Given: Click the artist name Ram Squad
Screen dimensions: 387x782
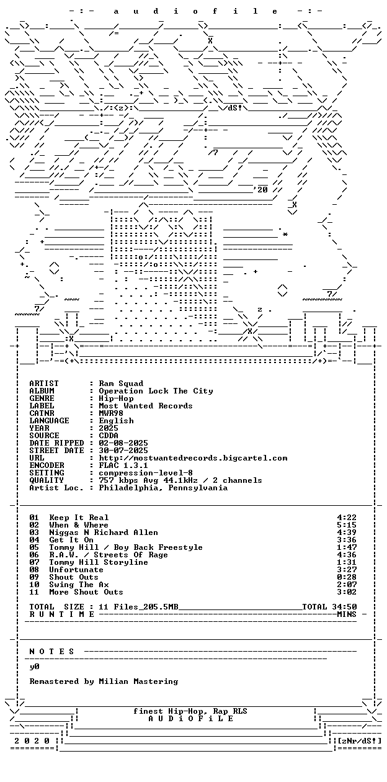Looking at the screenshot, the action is [121, 384].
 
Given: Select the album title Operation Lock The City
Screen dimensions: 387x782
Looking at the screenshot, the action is [156, 391].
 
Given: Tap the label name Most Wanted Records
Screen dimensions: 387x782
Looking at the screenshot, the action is [146, 406].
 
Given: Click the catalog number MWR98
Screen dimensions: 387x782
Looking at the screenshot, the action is [111, 413].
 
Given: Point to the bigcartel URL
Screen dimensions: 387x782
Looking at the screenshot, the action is [193, 458].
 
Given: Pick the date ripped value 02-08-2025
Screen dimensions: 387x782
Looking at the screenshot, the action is [123, 443].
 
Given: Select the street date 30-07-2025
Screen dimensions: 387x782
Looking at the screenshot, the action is [123, 451].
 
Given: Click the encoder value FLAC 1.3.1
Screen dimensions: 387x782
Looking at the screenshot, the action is [123, 465].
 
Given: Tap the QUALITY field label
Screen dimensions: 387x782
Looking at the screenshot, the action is [47, 480].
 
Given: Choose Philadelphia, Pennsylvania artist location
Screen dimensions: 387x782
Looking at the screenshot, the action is [163, 488].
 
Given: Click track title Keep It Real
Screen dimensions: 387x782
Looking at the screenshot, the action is [79, 518].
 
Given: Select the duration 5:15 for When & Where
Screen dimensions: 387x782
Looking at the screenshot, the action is [347, 525].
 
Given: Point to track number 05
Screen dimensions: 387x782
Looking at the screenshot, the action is [34, 547].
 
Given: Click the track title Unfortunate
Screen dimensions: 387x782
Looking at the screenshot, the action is [76, 570].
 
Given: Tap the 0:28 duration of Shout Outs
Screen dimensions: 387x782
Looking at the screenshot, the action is [347, 577].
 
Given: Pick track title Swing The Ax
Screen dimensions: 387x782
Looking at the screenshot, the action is [79, 585].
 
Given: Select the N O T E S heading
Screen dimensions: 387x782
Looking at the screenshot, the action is [51, 652].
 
